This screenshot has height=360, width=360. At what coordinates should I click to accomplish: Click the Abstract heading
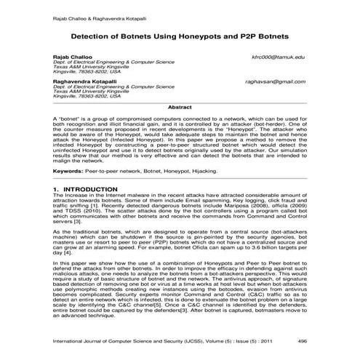(180, 106)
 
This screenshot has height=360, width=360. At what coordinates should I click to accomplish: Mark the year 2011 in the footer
(271, 340)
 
